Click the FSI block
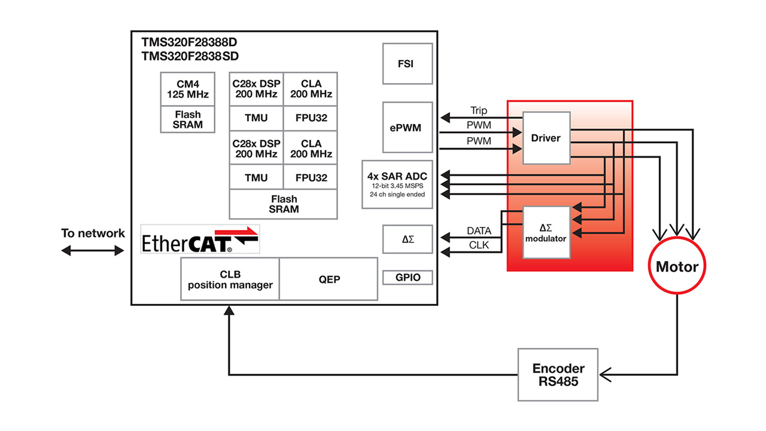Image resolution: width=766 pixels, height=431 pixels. [408, 63]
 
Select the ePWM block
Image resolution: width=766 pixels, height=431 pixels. [408, 127]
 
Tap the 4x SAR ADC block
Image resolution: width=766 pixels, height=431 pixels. [397, 184]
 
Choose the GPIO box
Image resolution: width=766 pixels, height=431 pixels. [408, 278]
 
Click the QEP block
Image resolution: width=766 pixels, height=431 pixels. [329, 279]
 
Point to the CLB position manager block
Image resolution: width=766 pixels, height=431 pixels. [230, 279]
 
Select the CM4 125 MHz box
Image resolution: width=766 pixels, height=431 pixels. [187, 89]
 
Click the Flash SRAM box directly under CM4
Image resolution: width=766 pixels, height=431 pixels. [187, 120]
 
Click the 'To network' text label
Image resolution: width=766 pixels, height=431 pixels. [93, 233]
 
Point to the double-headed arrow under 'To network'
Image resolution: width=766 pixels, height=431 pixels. [93, 251]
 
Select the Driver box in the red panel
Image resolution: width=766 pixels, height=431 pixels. [546, 138]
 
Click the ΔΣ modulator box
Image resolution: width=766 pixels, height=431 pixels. [546, 232]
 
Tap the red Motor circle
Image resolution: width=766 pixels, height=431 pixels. [677, 267]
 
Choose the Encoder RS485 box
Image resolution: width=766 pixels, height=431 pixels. [558, 375]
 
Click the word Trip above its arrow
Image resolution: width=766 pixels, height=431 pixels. [478, 111]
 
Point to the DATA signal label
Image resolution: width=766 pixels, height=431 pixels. [478, 231]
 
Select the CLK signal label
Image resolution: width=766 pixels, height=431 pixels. [478, 245]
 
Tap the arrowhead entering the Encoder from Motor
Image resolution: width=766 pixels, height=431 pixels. [606, 375]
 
